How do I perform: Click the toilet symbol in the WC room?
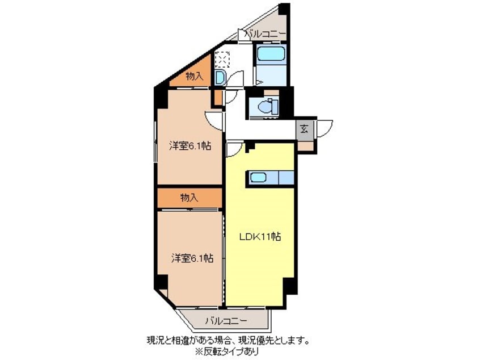[266, 106]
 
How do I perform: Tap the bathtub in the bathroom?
[270, 55]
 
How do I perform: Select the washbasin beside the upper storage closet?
[220, 77]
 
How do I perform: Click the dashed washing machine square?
[221, 60]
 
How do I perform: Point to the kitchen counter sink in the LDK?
[259, 178]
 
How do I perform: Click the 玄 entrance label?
[305, 128]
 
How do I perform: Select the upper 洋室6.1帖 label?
[190, 146]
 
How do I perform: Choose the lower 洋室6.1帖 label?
[192, 258]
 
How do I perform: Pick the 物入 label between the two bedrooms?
[190, 198]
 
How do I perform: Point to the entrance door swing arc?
[325, 128]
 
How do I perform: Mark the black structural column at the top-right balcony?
[284, 10]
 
